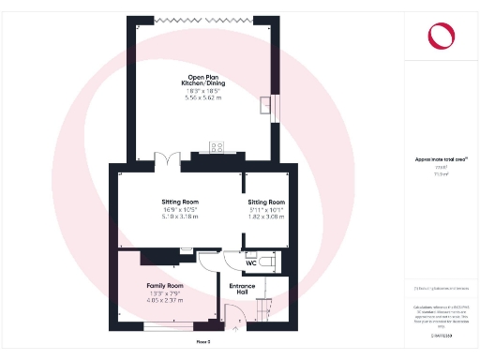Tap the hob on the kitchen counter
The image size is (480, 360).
(217, 146)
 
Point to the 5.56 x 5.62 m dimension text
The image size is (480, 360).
(203, 98)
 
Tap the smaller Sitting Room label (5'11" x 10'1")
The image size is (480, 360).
(265, 202)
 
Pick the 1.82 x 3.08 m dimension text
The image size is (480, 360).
(265, 217)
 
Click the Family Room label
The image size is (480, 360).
(165, 285)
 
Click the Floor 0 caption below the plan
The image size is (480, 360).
(203, 341)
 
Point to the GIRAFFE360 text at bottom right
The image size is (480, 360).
(441, 335)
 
